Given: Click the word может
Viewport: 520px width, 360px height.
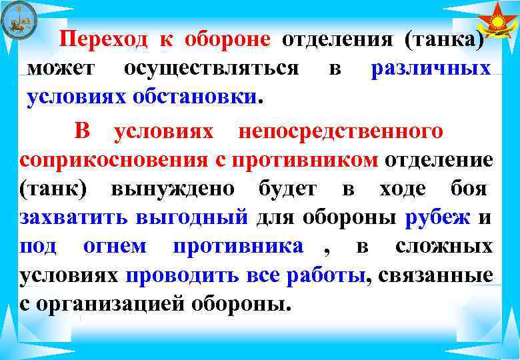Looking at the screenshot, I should click(61, 68).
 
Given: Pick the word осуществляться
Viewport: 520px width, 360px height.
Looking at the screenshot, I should click(211, 68).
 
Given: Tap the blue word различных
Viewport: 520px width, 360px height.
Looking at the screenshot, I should click(431, 68).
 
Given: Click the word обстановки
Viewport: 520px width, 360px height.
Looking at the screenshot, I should click(209, 97).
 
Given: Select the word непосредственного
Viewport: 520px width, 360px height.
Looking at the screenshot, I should click(340, 131).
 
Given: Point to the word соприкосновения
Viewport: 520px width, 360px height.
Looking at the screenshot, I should click(110, 160).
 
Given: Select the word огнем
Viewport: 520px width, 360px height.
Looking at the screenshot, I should click(115, 247).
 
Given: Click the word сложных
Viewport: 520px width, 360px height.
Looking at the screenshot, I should click(444, 247).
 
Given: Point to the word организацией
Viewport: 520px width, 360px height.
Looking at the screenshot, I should click(114, 304).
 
